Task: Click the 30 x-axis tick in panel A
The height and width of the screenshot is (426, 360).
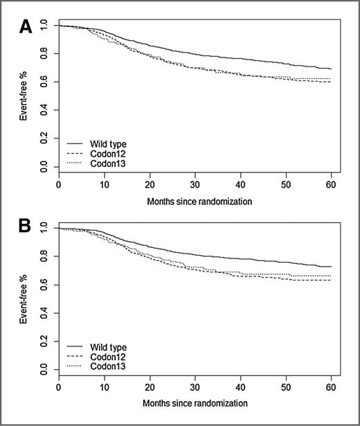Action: pos(195,186)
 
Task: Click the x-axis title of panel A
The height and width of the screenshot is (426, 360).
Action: pos(196,202)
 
